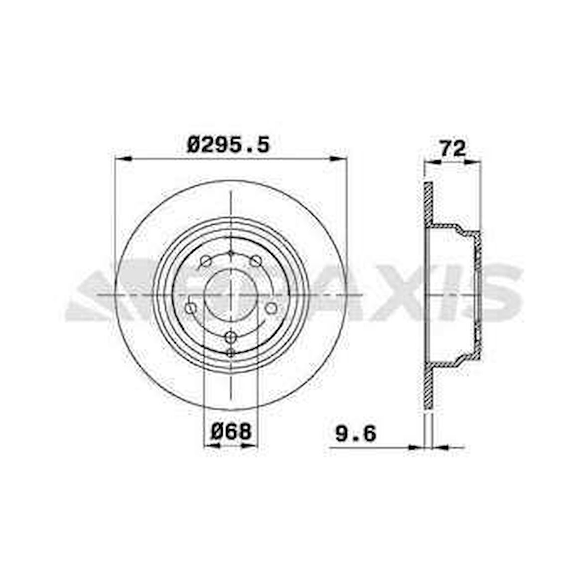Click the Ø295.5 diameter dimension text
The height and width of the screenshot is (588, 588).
[x=229, y=145]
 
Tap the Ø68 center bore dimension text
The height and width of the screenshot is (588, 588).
[x=230, y=431]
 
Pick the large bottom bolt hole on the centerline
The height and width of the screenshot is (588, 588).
[x=230, y=337]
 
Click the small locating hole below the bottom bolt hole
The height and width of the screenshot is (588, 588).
[x=230, y=353]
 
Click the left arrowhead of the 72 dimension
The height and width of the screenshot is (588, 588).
[x=429, y=162]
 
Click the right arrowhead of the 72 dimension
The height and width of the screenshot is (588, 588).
[x=476, y=162]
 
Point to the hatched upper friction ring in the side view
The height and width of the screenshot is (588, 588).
[x=427, y=204]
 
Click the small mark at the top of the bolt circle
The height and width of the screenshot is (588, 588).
[x=230, y=254]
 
